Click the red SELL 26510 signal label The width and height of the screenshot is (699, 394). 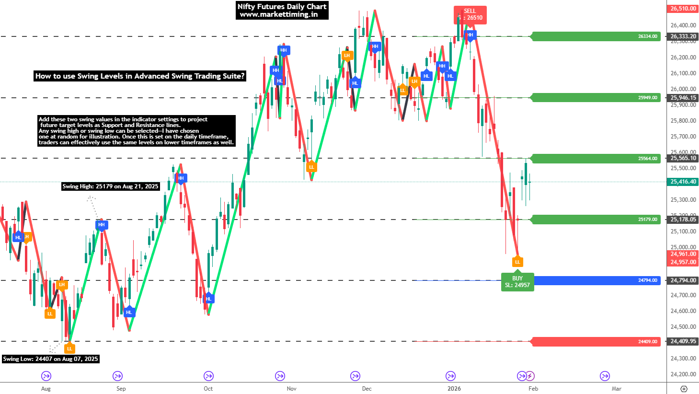(x=470, y=14)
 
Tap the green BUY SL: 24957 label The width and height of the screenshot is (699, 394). (x=517, y=282)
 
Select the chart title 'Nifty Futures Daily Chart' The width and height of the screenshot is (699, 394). (x=282, y=7)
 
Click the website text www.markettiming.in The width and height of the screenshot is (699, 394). (x=279, y=14)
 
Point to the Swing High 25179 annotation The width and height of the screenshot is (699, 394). (x=110, y=186)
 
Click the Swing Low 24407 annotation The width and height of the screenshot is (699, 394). (x=51, y=359)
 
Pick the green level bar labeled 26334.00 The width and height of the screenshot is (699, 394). (x=596, y=36)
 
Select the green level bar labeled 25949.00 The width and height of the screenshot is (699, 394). (x=596, y=98)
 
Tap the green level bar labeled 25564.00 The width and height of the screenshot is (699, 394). (x=596, y=159)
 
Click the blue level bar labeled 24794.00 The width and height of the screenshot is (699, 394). (x=596, y=280)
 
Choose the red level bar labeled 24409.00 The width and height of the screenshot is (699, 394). (x=596, y=342)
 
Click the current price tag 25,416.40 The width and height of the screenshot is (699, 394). (x=683, y=182)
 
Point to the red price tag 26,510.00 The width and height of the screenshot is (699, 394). (x=683, y=9)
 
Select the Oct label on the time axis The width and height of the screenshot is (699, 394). (x=208, y=389)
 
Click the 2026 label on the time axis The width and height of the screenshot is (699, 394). (x=454, y=389)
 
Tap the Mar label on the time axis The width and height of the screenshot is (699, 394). (x=617, y=389)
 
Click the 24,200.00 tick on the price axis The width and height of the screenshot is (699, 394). (x=683, y=374)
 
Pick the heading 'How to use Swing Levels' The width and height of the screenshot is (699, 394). (x=140, y=76)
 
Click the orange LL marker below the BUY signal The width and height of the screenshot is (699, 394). (x=517, y=262)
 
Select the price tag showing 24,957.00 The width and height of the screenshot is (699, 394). (x=683, y=262)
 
